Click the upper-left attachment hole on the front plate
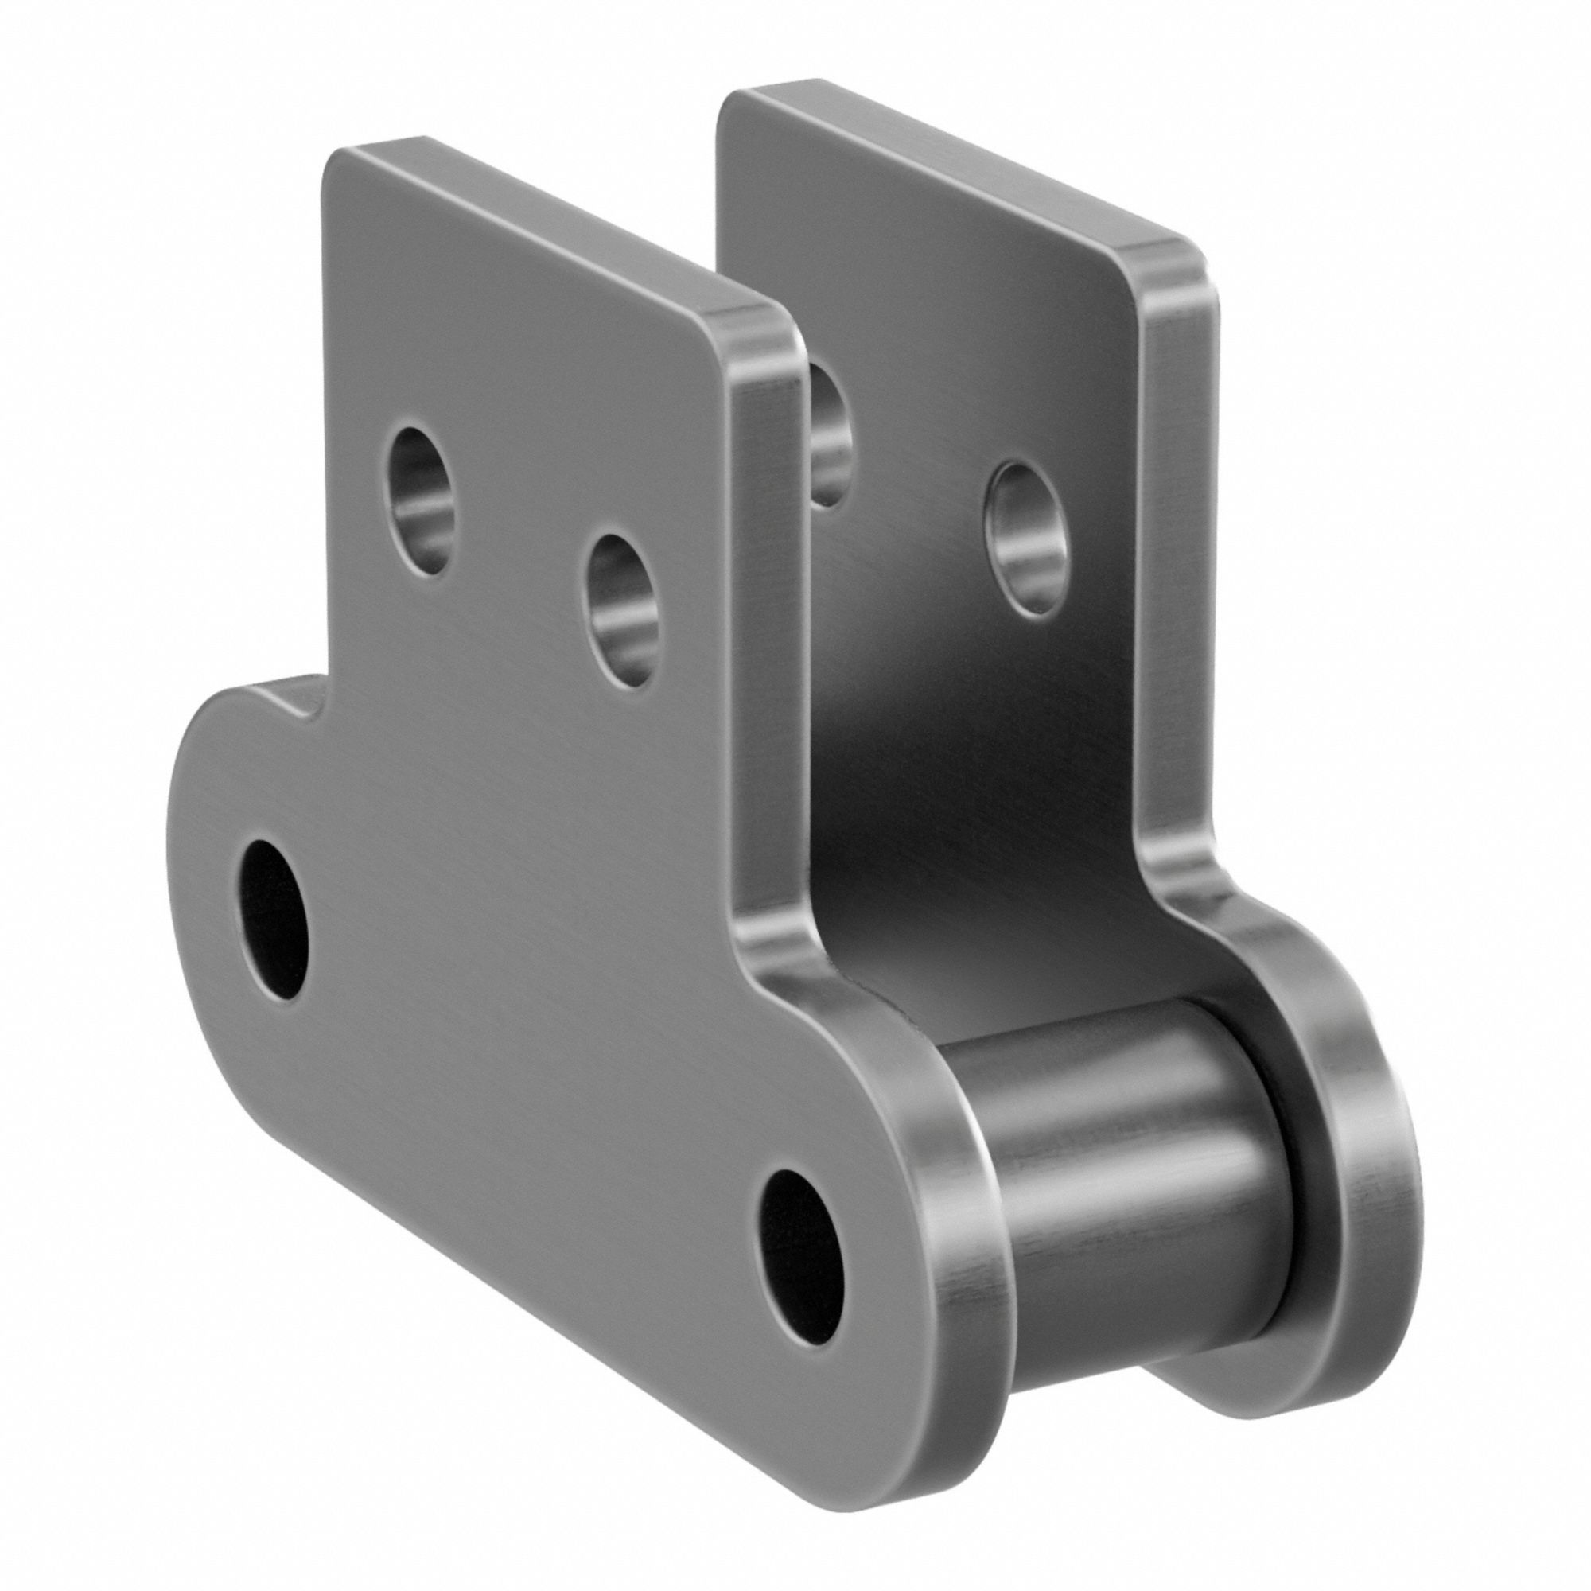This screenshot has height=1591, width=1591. click(x=422, y=500)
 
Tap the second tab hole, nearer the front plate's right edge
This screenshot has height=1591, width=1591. click(x=623, y=611)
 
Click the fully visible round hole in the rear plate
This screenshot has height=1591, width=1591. click(x=1025, y=539)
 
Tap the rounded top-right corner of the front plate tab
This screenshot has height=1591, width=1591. click(x=762, y=325)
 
